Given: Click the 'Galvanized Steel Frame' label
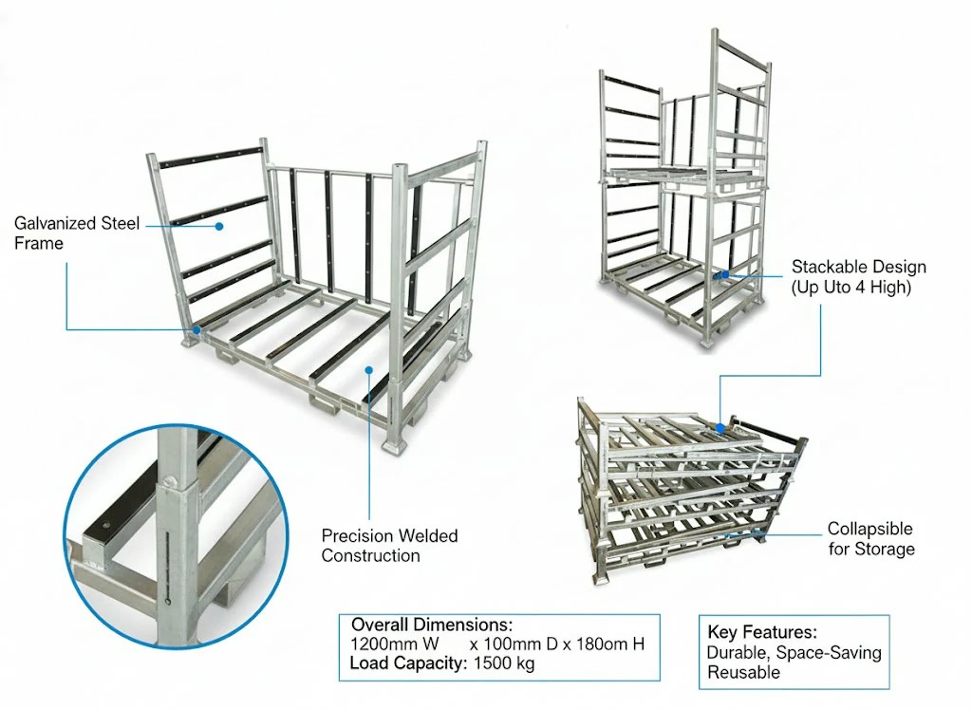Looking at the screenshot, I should tap(77, 233).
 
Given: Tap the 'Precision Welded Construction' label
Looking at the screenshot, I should tap(389, 546).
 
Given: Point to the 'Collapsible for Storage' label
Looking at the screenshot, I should tap(870, 538).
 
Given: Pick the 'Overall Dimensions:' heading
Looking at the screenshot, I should tap(432, 625).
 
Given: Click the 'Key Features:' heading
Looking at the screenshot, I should tap(762, 632).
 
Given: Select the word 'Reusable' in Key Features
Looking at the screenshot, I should tap(743, 672).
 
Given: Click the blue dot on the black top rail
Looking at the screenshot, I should tap(219, 227).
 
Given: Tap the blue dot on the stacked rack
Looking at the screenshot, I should tap(724, 274).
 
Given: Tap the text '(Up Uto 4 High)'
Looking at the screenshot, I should tap(850, 287).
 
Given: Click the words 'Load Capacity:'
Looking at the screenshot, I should tap(406, 663).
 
